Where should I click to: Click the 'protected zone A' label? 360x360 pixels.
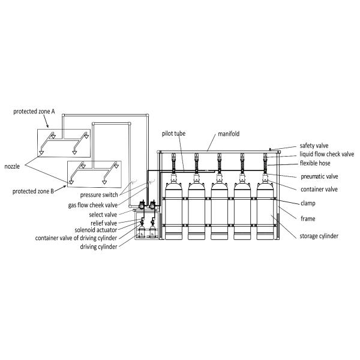point(34,112)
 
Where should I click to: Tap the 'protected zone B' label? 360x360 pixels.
point(33,191)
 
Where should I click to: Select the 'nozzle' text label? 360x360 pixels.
point(12,166)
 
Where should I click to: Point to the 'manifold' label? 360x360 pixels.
point(229,134)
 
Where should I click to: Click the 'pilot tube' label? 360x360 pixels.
point(173,133)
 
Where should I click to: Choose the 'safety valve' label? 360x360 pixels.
point(314,146)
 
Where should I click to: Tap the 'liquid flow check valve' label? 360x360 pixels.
point(327,154)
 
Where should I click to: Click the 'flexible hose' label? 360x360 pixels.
point(315,163)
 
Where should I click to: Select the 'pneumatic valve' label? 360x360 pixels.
point(319,176)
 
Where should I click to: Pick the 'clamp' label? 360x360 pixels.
point(308,203)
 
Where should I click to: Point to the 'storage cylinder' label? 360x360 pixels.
point(319,236)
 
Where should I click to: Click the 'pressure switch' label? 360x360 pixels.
point(99,194)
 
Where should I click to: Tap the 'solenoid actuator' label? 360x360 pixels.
point(96,230)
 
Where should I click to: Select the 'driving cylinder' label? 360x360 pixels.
point(98,247)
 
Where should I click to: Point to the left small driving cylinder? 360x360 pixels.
point(142,231)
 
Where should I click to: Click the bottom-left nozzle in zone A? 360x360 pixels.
point(41,152)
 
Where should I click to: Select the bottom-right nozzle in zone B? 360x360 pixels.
point(104,182)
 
